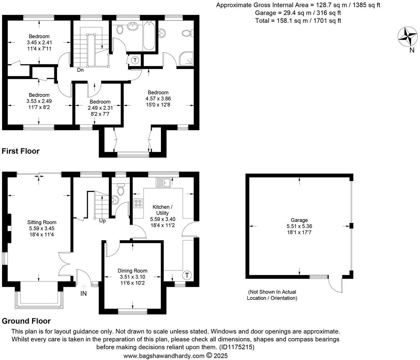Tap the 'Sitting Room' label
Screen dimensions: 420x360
tap(42, 222)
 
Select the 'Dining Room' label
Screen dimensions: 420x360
tap(132, 271)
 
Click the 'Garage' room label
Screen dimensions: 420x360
tap(299, 220)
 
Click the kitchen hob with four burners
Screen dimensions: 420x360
tap(138, 203)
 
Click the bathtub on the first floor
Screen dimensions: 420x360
tap(149, 36)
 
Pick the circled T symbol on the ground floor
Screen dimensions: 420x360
tap(187, 276)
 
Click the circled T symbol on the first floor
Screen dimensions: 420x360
tap(135, 60)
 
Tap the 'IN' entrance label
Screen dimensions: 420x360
tap(83, 293)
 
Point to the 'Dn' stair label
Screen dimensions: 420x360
tap(80, 70)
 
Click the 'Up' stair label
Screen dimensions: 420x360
tap(102, 221)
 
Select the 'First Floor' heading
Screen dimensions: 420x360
tap(20, 151)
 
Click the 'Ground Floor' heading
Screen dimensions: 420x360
tap(26, 321)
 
